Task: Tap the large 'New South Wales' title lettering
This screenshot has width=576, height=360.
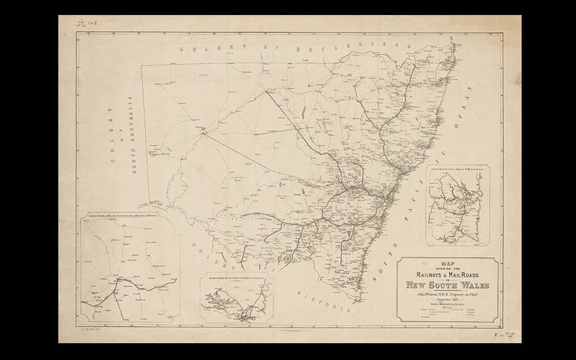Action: [x=448, y=284]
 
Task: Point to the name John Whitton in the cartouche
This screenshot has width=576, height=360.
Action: [x=430, y=294]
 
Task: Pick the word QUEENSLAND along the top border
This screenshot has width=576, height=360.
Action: [x=372, y=47]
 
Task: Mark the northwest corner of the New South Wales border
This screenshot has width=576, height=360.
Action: [x=142, y=65]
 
